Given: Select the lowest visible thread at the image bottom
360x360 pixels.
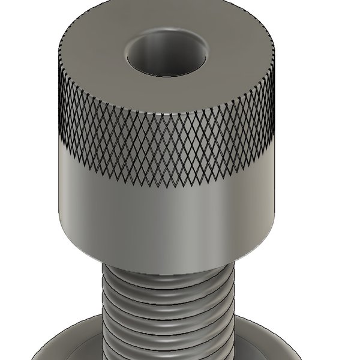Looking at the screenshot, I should [x=168, y=354].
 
